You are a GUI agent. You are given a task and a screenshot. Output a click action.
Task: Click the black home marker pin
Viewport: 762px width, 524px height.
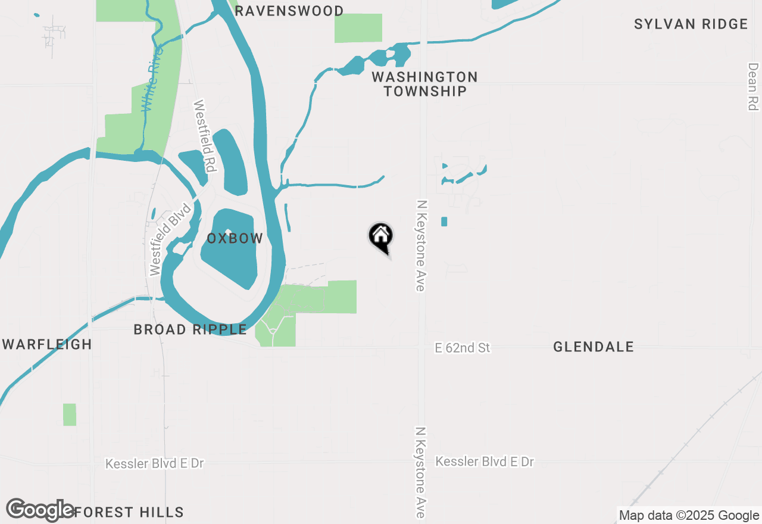(x=381, y=237)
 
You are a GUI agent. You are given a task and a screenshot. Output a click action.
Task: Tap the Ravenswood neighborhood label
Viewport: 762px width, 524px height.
(x=289, y=11)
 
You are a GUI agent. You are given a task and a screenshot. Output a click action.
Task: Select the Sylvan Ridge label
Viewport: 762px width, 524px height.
(x=691, y=24)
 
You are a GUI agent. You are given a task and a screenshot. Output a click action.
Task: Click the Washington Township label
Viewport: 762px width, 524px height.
(x=424, y=84)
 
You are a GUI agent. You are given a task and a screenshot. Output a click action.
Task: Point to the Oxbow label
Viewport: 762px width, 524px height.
(x=235, y=239)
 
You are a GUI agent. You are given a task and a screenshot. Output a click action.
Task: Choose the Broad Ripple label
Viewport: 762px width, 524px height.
(x=190, y=329)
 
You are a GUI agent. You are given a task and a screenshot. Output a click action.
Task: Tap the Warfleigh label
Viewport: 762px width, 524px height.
(x=48, y=344)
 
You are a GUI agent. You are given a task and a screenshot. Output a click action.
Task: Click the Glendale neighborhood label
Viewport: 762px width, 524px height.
(x=594, y=347)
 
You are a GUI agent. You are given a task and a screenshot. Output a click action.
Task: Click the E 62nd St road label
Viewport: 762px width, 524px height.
(x=463, y=348)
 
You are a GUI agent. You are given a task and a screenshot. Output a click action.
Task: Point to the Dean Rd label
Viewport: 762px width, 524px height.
(x=753, y=86)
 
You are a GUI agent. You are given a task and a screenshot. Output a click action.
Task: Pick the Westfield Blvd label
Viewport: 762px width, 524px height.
(x=170, y=239)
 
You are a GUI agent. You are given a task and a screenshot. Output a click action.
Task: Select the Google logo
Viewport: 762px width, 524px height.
(x=40, y=510)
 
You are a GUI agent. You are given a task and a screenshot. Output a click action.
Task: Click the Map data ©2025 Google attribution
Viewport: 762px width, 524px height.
(x=689, y=516)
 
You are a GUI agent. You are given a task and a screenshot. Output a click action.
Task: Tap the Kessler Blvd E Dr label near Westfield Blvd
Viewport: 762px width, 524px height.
(x=155, y=463)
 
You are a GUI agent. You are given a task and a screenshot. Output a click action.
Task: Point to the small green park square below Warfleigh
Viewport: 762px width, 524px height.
(x=70, y=414)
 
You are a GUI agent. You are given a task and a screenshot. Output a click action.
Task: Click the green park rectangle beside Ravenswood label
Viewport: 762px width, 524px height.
(x=358, y=28)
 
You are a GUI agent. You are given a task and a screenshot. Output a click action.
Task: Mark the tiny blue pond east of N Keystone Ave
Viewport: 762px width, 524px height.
(x=444, y=222)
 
